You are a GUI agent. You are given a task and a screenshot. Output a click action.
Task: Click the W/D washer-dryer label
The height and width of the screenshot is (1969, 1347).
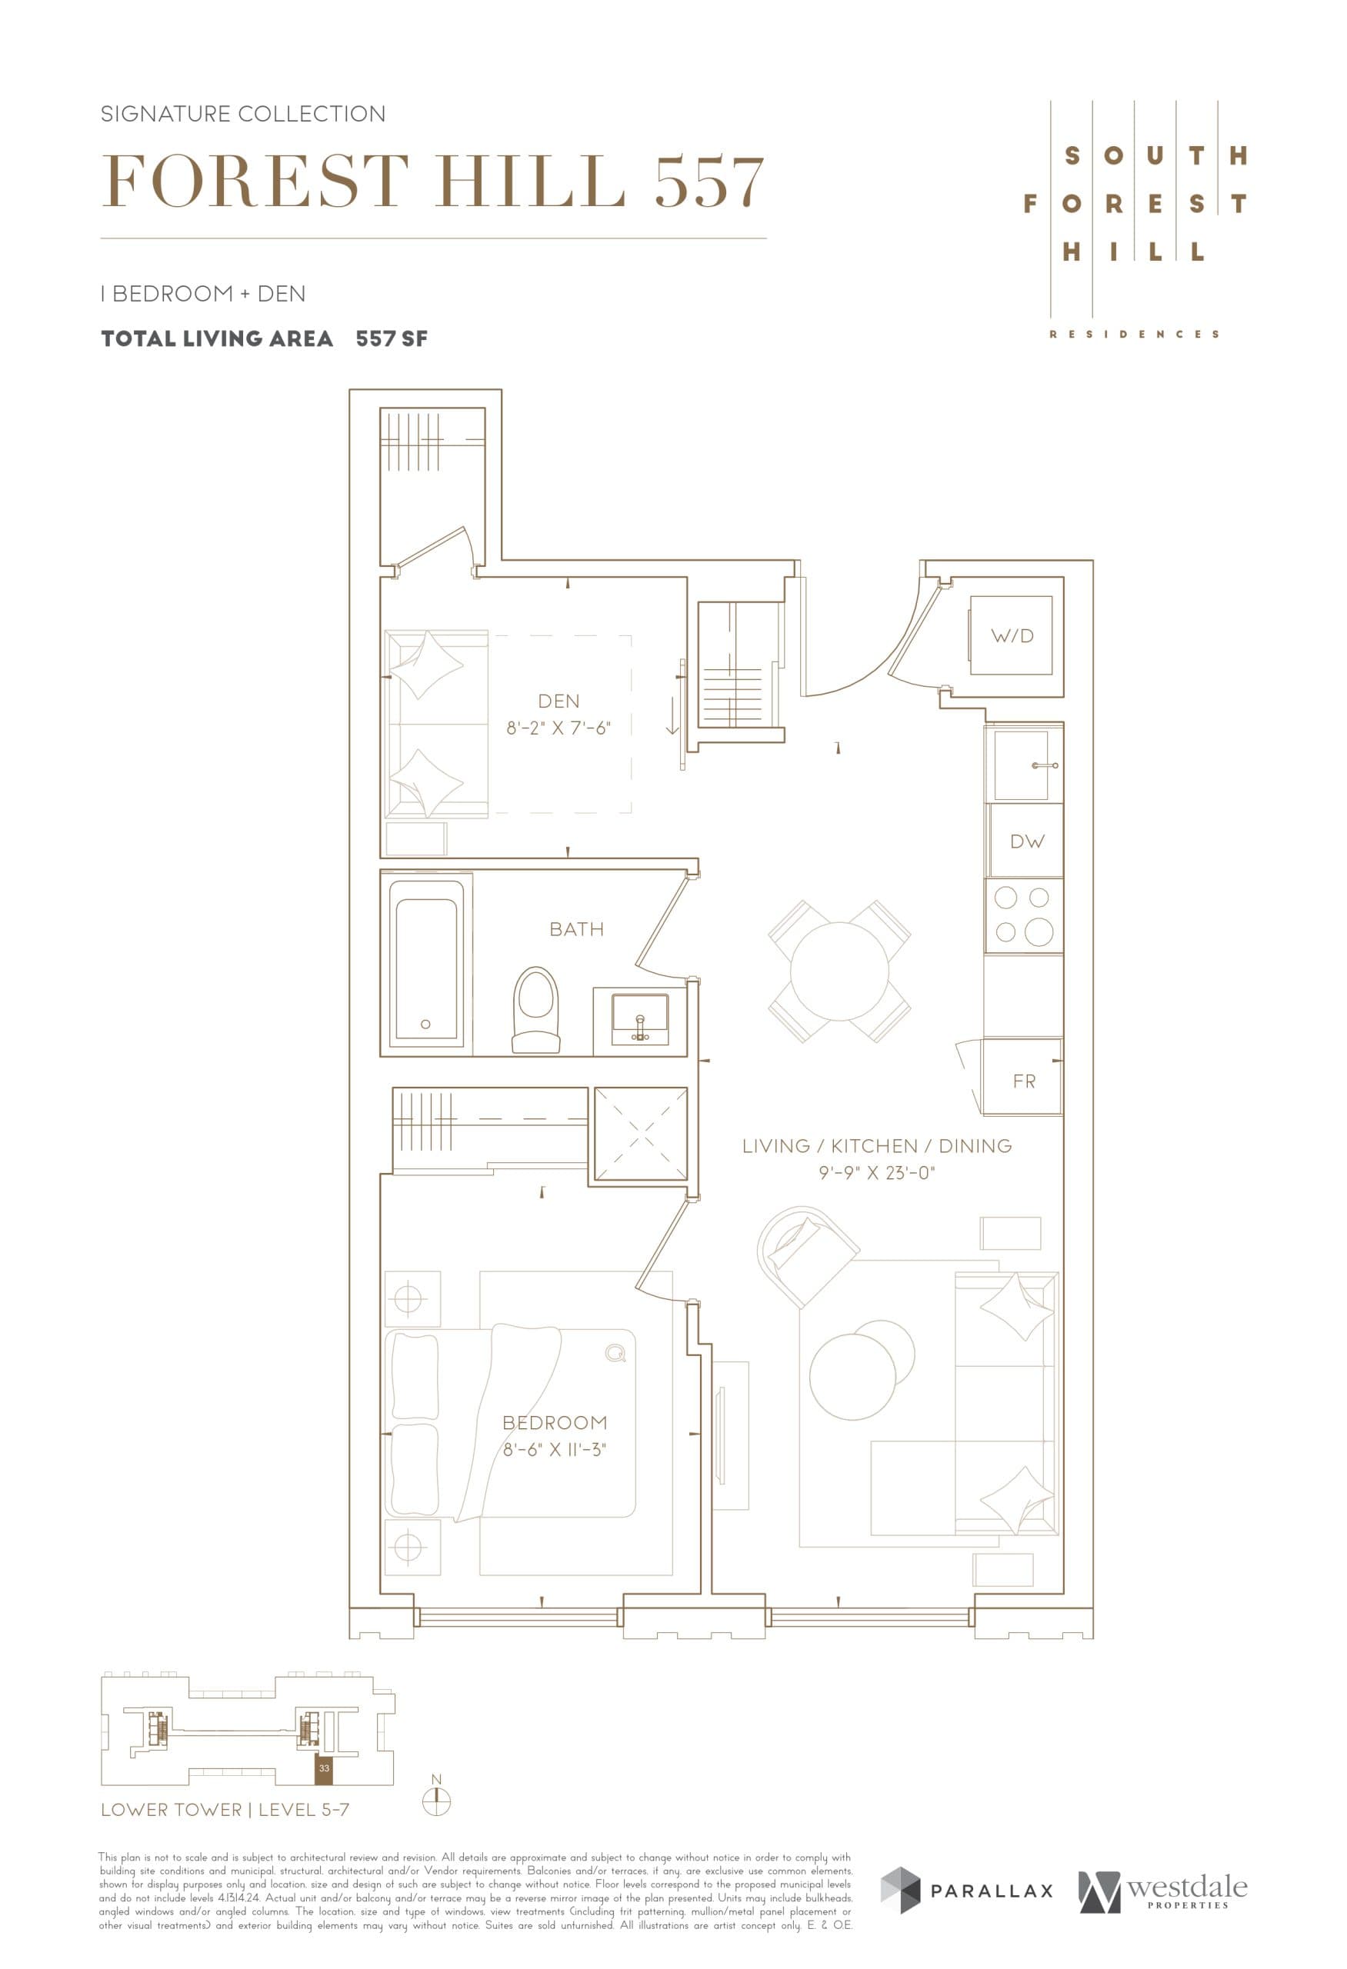pos(1012,635)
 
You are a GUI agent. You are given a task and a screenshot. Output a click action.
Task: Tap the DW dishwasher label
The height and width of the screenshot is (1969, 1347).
pos(1027,841)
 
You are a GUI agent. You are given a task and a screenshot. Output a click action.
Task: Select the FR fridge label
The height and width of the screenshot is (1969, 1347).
pos(1023,1081)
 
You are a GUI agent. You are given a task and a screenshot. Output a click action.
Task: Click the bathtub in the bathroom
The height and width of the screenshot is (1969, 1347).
pos(426,963)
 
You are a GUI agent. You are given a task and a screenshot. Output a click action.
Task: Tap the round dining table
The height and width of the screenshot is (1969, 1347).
pos(839,971)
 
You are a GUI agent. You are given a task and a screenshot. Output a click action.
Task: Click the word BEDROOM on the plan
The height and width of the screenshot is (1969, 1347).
pos(555,1423)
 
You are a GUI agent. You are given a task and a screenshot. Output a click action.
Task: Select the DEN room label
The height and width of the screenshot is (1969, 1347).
pos(558,701)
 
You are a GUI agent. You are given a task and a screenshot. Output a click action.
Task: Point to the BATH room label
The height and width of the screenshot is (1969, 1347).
pos(576,928)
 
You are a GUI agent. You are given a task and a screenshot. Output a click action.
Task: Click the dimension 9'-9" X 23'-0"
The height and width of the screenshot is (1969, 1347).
pos(876,1173)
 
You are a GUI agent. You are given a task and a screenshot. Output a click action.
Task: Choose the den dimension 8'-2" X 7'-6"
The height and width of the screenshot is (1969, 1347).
pos(558,728)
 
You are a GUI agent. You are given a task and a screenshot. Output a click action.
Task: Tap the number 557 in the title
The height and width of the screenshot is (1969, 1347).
pos(709,182)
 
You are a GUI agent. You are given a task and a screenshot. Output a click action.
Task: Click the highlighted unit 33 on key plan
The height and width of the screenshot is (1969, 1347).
pos(324,1768)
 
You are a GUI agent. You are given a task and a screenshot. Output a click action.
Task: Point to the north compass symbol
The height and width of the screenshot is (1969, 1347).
pos(436,1801)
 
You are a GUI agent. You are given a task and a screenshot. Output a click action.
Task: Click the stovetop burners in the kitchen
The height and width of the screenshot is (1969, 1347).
pos(1022,915)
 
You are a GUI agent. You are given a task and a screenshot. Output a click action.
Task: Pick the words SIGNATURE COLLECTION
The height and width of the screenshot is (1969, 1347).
pos(243,114)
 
